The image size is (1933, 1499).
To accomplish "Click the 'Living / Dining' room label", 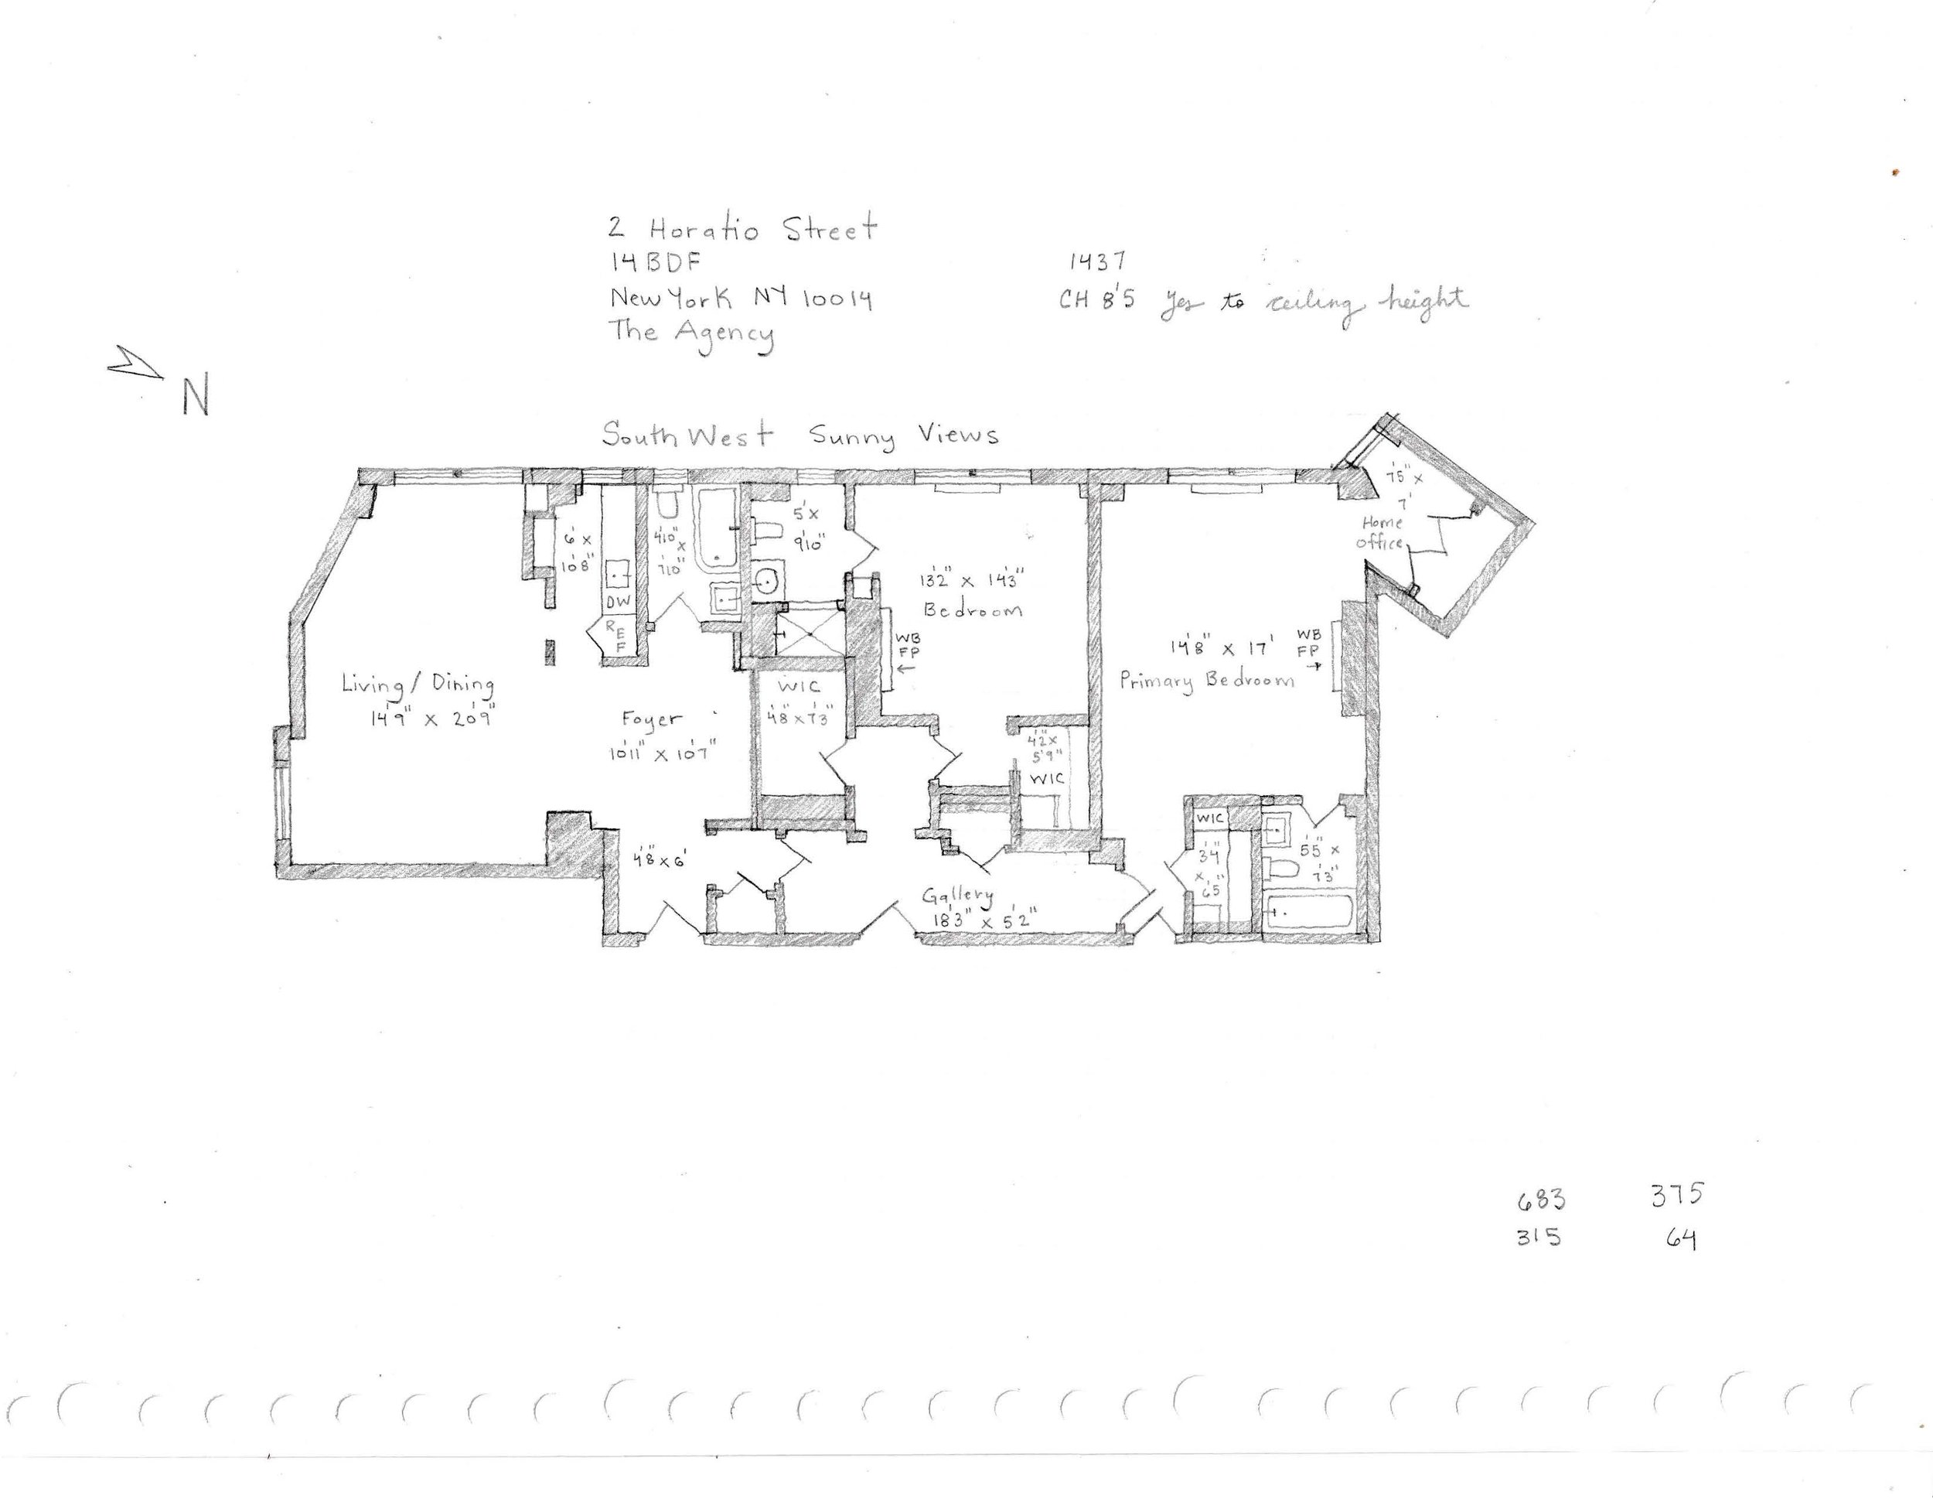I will (x=418, y=685).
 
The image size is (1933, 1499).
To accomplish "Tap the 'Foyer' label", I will (x=651, y=721).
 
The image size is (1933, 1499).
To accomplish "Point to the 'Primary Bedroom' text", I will (x=1206, y=680).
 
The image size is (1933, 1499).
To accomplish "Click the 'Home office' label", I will (x=1382, y=533).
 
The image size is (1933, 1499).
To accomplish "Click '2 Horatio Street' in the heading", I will (x=741, y=229).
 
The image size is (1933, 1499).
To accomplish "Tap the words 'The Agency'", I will (x=690, y=334).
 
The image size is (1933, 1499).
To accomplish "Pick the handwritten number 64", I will (x=1681, y=1238).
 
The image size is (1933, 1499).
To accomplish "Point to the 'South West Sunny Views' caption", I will (x=800, y=435).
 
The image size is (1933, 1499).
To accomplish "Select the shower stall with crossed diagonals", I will (x=807, y=630).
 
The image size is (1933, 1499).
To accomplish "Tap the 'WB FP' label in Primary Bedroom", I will (x=1308, y=644).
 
